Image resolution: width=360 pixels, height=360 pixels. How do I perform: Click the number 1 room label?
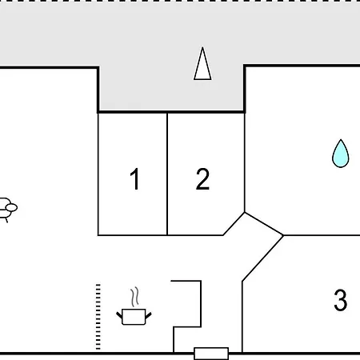pos(135,179)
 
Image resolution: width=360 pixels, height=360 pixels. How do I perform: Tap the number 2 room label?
pos(202,179)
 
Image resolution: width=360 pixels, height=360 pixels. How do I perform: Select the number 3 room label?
pos(341,300)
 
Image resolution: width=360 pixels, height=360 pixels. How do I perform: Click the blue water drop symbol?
pos(341,154)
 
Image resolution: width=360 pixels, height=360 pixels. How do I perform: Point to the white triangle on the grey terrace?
pos(202,64)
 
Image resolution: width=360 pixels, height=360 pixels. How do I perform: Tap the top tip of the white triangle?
pos(202,47)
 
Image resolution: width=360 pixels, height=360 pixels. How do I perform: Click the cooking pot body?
pos(134,317)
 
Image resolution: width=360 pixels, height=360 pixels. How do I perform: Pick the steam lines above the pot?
pos(135,297)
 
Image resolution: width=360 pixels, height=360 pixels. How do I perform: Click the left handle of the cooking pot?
pos(119,315)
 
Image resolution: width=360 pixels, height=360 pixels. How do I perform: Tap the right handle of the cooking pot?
pos(149,315)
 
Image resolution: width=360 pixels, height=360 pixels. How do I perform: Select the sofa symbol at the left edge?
pos(8,210)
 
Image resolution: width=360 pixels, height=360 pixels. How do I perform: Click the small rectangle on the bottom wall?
pos(211,354)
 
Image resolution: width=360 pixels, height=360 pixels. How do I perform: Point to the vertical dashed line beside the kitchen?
pos(98,317)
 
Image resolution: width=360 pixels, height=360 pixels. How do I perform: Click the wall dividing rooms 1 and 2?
pos(167,174)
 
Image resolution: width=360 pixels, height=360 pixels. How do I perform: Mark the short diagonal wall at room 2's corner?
pos(234,224)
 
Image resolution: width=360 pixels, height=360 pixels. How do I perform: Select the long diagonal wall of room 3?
pos(262,258)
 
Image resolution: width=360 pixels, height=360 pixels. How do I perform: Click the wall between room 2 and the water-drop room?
pos(245,162)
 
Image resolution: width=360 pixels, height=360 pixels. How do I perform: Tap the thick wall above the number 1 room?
pos(133,112)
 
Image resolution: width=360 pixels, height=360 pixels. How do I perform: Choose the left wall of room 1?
pos(98,174)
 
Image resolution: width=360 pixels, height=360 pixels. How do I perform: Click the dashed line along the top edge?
pos(180,1)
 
